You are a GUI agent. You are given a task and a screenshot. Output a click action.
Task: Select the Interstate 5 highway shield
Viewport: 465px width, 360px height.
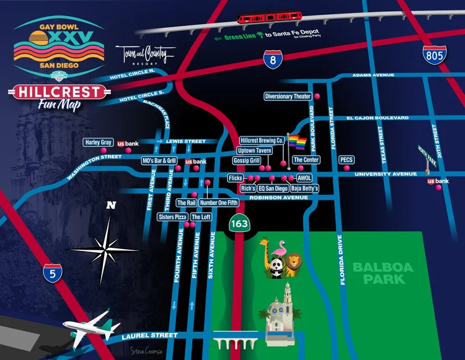(53, 273)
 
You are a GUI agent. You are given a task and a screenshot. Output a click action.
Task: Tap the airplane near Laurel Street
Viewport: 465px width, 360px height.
(90, 327)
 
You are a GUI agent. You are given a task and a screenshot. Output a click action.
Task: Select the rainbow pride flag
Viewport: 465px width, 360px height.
(298, 143)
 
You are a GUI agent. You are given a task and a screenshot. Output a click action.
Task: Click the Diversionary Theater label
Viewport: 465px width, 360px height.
(288, 97)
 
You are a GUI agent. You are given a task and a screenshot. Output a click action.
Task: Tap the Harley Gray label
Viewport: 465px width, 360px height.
(98, 143)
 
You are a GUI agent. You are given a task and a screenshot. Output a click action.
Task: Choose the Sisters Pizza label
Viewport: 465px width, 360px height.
(172, 217)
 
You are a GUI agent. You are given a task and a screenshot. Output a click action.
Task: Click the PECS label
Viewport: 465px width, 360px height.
(347, 160)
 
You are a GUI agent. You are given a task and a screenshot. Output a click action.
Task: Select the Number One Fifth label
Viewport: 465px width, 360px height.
(219, 203)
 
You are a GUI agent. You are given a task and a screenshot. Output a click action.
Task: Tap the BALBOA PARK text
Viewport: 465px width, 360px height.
(378, 273)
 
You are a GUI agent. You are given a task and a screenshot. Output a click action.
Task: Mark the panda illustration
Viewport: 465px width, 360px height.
(275, 265)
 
